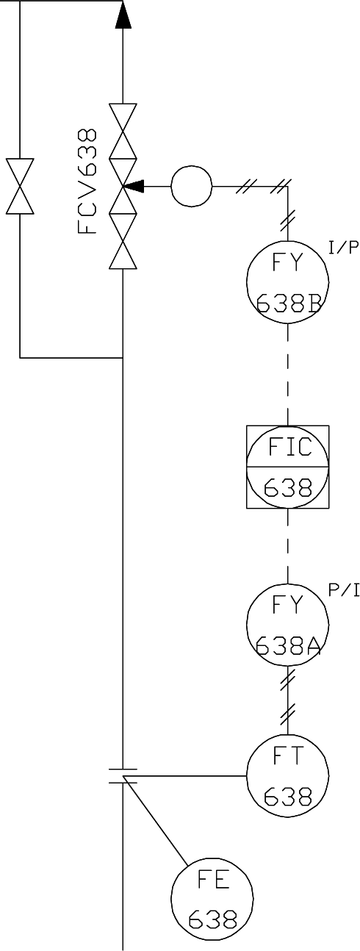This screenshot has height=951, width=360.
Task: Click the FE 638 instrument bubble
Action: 212,897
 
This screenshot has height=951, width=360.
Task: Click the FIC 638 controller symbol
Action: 287,467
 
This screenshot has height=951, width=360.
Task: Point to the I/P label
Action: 342,248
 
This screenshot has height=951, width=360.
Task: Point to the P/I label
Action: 342,590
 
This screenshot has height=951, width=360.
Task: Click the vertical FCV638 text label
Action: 87,181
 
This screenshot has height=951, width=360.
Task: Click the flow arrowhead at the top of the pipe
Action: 123,15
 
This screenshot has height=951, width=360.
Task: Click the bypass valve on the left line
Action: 20,185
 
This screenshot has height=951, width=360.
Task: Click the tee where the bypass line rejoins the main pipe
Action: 123,358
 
